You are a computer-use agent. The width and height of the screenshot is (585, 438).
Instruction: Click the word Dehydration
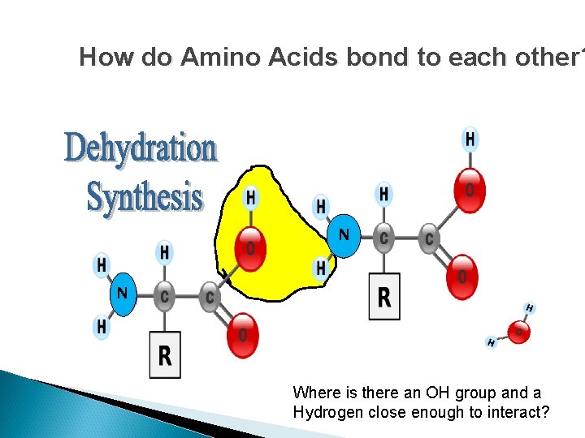tap(141, 148)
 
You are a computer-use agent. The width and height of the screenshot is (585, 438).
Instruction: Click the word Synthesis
tap(145, 196)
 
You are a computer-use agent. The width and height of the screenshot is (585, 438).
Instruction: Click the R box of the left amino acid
tap(165, 354)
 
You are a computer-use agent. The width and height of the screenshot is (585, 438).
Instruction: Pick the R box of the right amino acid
tap(384, 296)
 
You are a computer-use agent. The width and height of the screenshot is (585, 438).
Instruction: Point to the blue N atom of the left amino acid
tap(123, 292)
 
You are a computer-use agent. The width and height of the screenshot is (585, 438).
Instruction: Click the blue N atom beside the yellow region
tap(344, 236)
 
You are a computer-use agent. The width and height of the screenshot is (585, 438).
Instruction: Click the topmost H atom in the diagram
tap(470, 140)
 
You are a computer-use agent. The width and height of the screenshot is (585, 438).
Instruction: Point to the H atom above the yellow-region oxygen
tap(251, 197)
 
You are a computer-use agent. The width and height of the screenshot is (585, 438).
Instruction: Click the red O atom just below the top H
tap(469, 189)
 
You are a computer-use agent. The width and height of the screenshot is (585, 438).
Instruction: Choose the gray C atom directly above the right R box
tap(384, 238)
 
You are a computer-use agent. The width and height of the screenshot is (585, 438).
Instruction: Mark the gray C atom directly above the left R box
tap(165, 297)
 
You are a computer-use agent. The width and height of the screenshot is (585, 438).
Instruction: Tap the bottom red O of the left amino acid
tap(241, 333)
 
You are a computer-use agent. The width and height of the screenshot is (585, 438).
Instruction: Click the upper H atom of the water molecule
tap(529, 308)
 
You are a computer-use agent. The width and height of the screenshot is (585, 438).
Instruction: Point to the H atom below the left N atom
tap(102, 326)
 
